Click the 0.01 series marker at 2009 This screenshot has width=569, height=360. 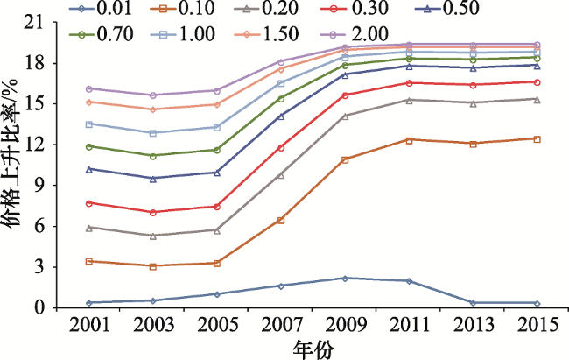coord(345,279)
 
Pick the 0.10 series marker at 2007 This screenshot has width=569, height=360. coord(281,220)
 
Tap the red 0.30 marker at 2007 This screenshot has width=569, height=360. coord(281,147)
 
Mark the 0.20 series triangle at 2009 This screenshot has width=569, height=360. coord(345,116)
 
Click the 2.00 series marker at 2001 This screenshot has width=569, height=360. coord(89,88)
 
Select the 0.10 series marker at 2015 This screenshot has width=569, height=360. coord(537,139)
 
